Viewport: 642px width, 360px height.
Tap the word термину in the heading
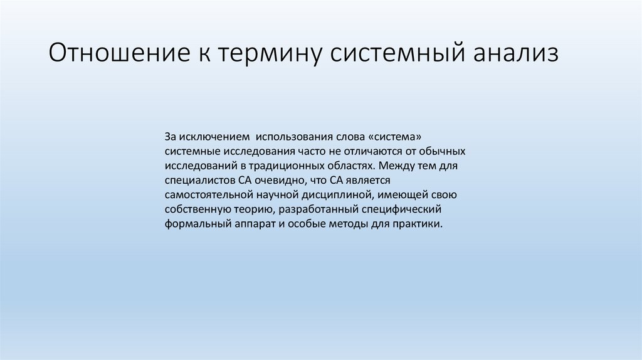271,53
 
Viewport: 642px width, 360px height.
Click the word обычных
443,151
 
